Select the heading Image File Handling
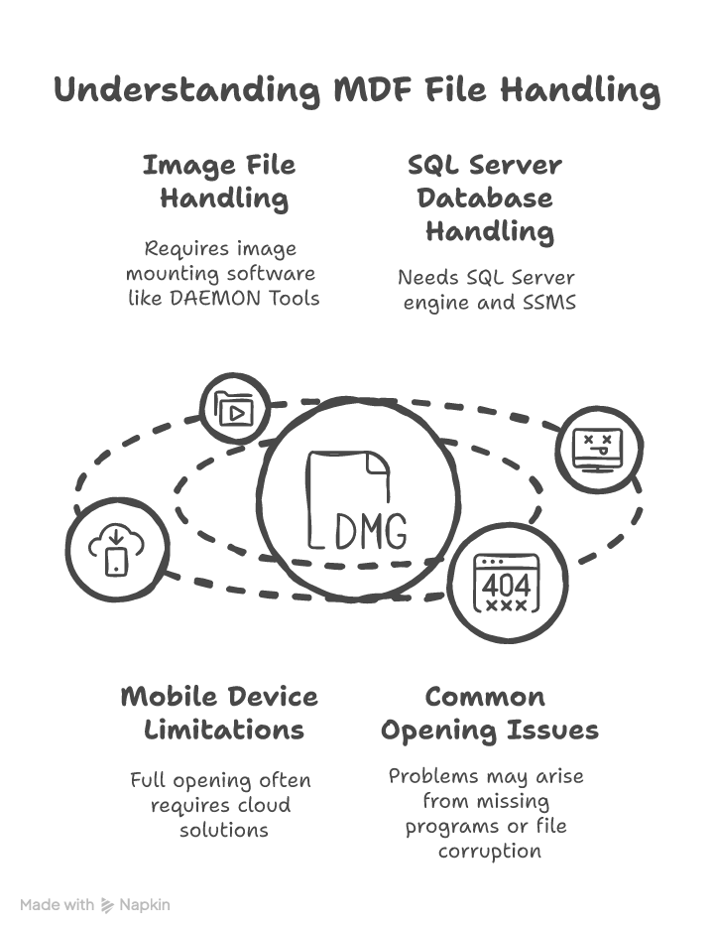click(x=220, y=182)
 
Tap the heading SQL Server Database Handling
click(x=485, y=198)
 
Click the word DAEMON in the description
click(x=214, y=298)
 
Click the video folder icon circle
click(x=235, y=408)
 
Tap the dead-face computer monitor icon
click(x=598, y=450)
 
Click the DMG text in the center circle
click(x=371, y=533)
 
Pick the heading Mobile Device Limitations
click(x=220, y=713)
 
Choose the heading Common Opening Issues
click(x=489, y=713)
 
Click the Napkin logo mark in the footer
click(x=108, y=905)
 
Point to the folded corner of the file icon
click(x=378, y=465)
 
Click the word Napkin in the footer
click(x=145, y=905)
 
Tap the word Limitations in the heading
click(x=224, y=731)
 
